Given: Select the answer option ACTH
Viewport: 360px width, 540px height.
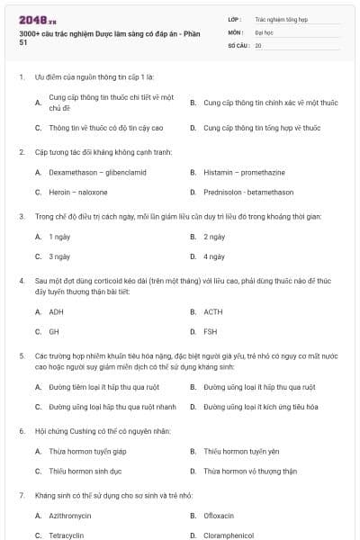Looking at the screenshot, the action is coord(212,311).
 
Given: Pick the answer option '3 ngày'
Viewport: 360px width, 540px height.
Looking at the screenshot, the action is coord(59,256).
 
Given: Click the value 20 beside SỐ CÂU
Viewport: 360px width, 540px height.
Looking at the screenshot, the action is coord(258,45).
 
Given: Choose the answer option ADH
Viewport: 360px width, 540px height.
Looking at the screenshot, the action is coord(56,311).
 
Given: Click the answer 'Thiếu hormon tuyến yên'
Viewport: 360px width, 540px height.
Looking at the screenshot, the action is coord(244,450).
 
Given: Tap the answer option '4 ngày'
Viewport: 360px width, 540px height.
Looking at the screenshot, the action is coord(214,256).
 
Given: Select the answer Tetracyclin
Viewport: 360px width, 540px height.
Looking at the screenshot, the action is coord(66,535).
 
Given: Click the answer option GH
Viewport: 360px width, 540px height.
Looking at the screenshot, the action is coord(54,331).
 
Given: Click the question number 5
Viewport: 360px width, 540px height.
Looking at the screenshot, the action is coord(21,355).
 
